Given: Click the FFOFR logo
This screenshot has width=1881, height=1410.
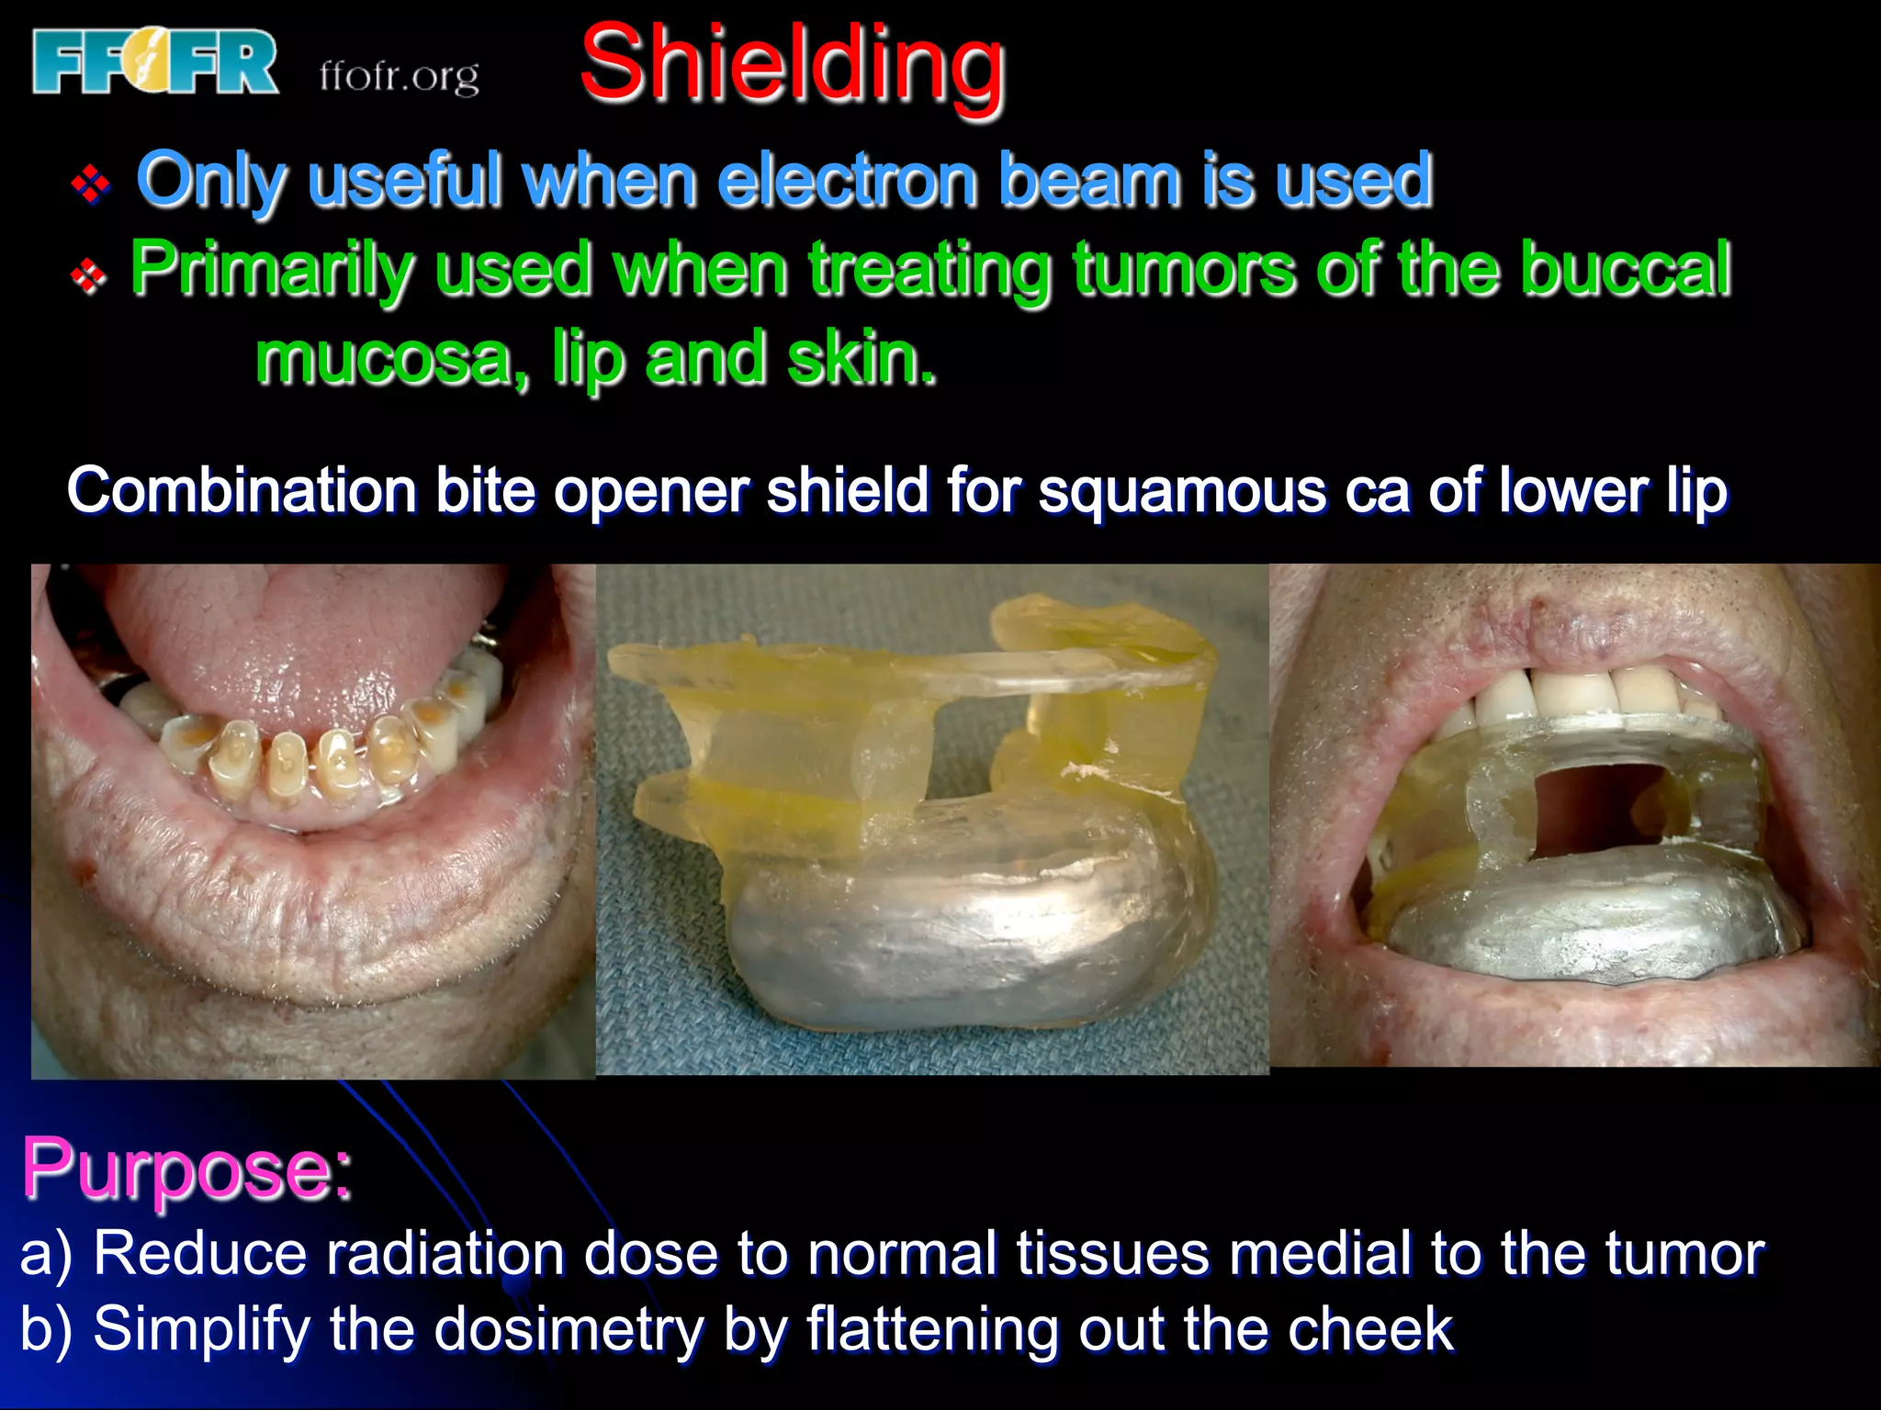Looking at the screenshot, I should click(154, 62).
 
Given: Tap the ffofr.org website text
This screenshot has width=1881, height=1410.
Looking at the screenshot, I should click(399, 76).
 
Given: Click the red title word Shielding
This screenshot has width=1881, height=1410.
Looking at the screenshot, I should click(793, 64).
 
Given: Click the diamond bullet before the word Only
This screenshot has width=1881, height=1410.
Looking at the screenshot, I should click(91, 184).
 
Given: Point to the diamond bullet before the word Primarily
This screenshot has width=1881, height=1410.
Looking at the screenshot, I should click(89, 274).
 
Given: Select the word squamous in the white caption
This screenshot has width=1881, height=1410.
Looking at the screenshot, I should click(1181, 490).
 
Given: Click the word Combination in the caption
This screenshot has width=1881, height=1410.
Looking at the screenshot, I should click(242, 490).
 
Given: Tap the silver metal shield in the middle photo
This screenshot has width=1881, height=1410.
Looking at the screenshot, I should click(955, 927).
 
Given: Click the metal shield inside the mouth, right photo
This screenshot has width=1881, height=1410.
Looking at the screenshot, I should click(1580, 918).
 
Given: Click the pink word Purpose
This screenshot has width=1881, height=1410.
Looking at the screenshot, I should click(186, 1169).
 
